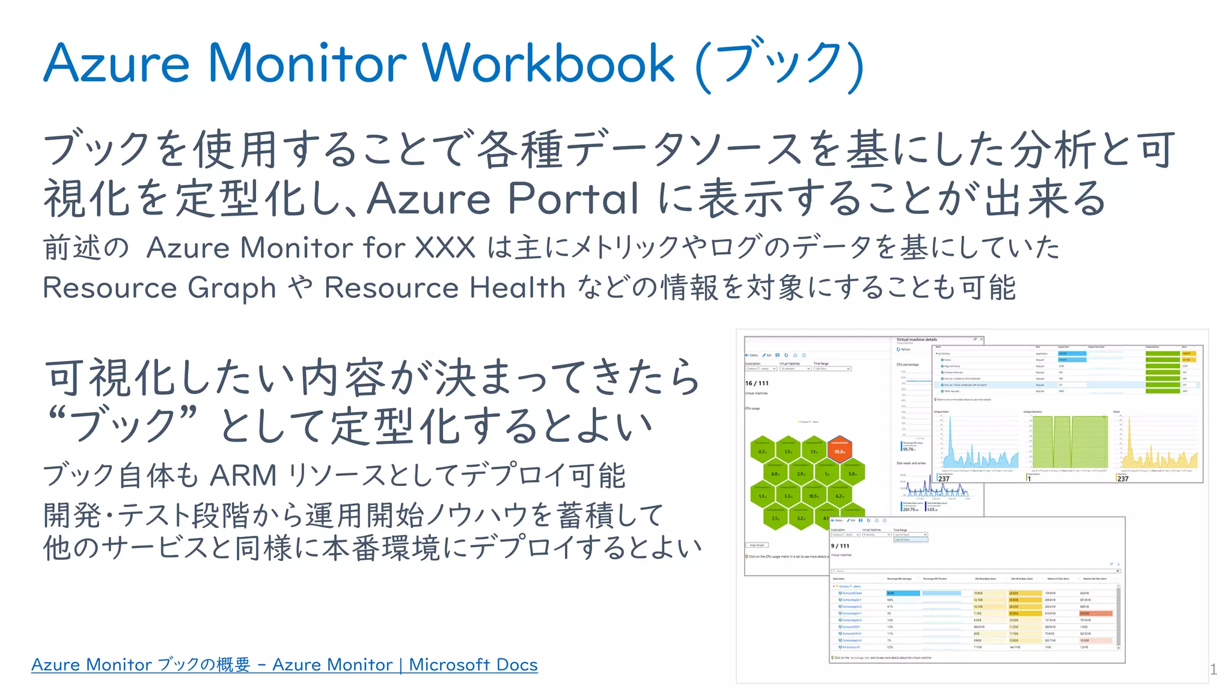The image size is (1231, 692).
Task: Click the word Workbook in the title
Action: (548, 63)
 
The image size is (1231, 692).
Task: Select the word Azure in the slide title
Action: (117, 63)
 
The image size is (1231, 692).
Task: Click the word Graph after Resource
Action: (231, 288)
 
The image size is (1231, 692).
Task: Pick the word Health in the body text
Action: (517, 288)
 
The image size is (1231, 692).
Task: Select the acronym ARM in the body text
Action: (243, 476)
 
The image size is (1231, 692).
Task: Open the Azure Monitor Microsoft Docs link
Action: (284, 665)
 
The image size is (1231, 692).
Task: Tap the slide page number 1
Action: (1213, 669)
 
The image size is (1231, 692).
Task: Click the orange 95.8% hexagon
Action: (839, 451)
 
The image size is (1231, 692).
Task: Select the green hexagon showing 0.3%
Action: (762, 451)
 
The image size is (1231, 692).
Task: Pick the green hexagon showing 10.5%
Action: (813, 496)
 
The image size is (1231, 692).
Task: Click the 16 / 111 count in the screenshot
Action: (757, 383)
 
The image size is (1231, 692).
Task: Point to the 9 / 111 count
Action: (840, 546)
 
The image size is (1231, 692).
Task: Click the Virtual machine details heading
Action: (917, 340)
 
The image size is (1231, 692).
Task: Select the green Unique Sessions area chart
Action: (1069, 442)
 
